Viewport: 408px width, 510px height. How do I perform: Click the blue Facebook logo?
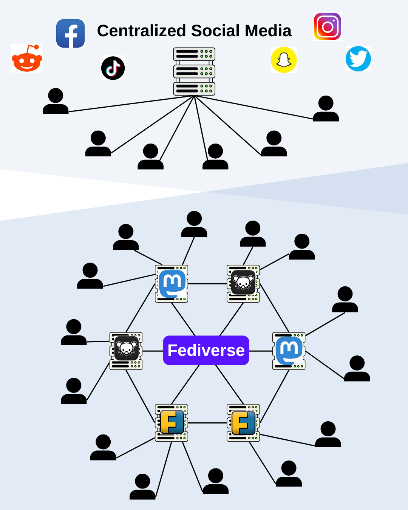pyautogui.click(x=70, y=34)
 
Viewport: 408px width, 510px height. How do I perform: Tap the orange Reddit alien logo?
pyautogui.click(x=27, y=59)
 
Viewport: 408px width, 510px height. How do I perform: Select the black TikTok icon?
pyautogui.click(x=113, y=68)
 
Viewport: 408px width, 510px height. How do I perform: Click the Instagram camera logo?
pyautogui.click(x=328, y=26)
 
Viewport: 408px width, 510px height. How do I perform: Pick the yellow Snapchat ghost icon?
pyautogui.click(x=284, y=60)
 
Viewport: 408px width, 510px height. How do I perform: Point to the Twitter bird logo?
pyautogui.click(x=358, y=59)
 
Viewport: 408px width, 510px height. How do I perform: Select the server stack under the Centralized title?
pyautogui.click(x=194, y=71)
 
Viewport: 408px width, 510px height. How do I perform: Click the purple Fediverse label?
pyautogui.click(x=206, y=350)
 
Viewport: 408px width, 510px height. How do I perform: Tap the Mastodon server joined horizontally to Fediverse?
pyautogui.click(x=289, y=351)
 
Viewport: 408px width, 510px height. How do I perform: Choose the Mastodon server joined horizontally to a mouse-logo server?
pyautogui.click(x=172, y=284)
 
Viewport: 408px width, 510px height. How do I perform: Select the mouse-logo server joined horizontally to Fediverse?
pyautogui.click(x=126, y=351)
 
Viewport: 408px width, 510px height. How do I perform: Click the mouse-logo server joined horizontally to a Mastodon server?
pyautogui.click(x=243, y=284)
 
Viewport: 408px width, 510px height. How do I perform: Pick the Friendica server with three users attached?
pyautogui.click(x=172, y=423)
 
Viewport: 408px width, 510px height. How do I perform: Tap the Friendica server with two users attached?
pyautogui.click(x=243, y=423)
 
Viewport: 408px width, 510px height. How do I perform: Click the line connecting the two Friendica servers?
pyautogui.click(x=207, y=423)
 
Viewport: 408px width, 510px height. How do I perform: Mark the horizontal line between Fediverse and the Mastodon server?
pyautogui.click(x=261, y=351)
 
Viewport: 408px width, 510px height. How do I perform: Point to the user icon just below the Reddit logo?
pyautogui.click(x=56, y=101)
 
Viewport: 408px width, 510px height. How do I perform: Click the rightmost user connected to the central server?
pyautogui.click(x=326, y=109)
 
